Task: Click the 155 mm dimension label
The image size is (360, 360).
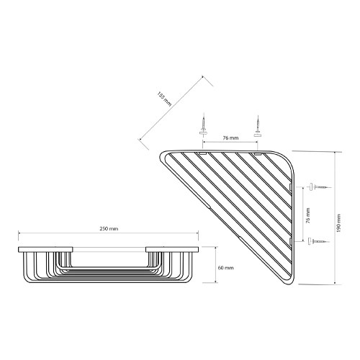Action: (164, 99)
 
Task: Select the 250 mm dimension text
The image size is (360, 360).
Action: (109, 229)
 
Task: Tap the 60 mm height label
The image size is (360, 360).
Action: (225, 268)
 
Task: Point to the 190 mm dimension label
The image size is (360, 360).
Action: (338, 223)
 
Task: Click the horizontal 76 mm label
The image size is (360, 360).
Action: (230, 138)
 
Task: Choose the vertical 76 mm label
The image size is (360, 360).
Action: (308, 215)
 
